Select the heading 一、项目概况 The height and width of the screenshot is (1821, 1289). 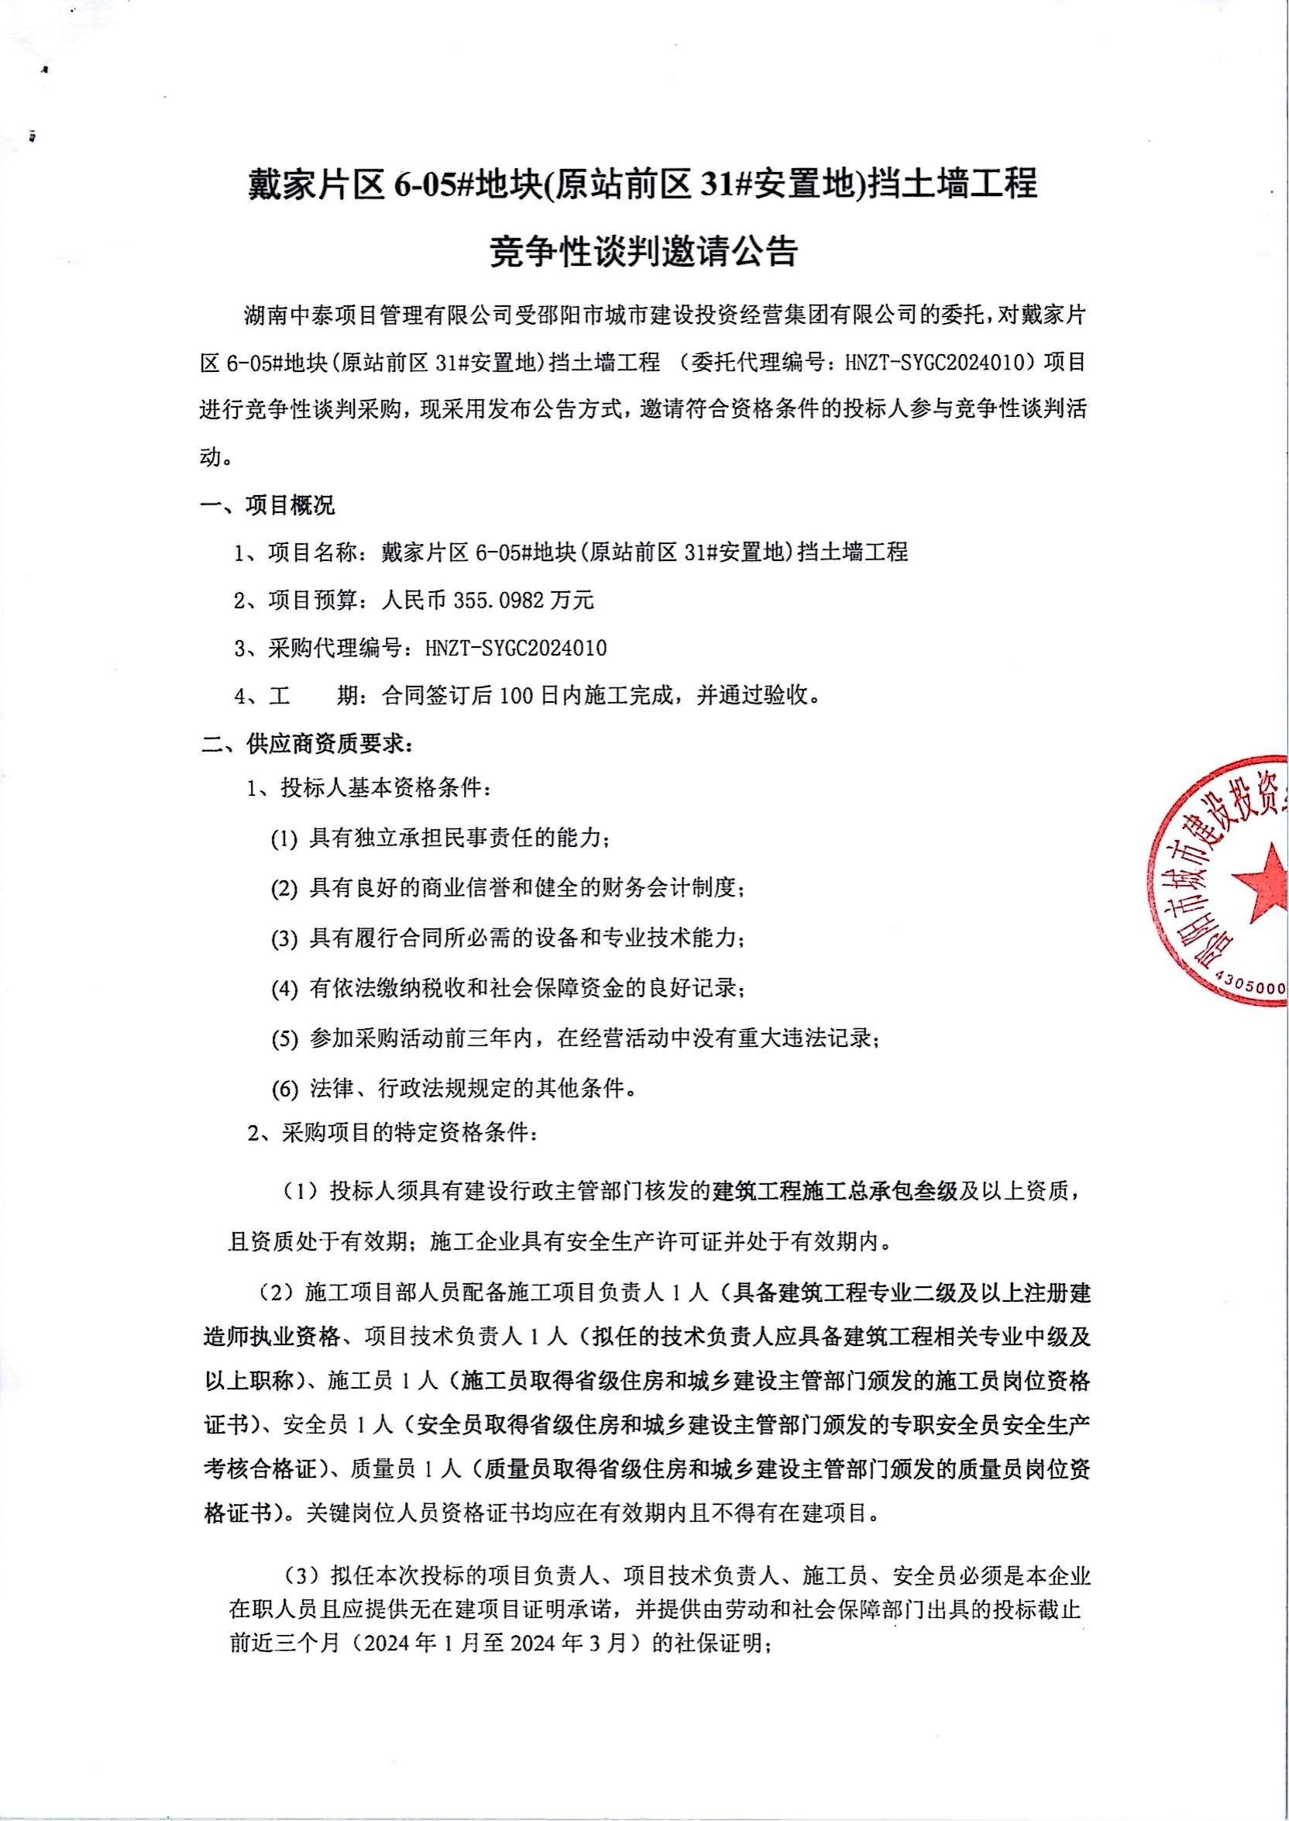pos(267,505)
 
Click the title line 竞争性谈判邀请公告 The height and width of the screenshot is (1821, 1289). pos(644,253)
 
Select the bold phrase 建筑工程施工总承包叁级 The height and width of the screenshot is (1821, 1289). pos(836,1192)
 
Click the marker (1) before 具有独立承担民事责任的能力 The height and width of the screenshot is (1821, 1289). pos(284,839)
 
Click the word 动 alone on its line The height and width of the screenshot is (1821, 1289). pos(211,459)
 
